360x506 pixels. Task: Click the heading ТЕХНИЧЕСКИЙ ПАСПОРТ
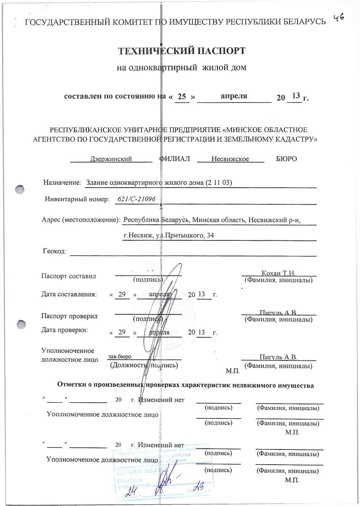pos(181,51)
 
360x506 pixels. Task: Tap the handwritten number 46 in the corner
pos(339,17)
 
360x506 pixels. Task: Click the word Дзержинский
pos(111,159)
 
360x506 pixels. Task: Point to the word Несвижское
pos(230,159)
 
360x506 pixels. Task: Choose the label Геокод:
pos(54,251)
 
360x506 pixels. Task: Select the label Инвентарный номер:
pos(77,199)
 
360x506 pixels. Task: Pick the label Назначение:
pos(62,183)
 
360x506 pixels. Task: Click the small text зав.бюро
pos(119,356)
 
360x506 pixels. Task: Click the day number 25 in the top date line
pos(182,97)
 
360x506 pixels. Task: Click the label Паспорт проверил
pos(69,316)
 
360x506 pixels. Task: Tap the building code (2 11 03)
pos(219,183)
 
